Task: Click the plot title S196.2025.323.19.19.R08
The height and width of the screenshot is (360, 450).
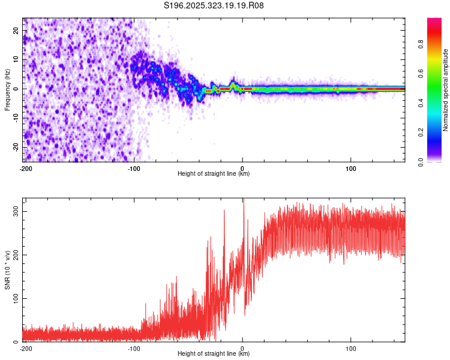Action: pyautogui.click(x=214, y=5)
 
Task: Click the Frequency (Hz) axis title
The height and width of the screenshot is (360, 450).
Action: pyautogui.click(x=7, y=89)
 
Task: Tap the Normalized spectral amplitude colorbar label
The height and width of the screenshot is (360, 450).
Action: pyautogui.click(x=445, y=90)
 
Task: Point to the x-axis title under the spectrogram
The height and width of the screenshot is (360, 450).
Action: pyautogui.click(x=214, y=174)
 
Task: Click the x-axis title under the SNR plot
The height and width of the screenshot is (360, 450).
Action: pyautogui.click(x=214, y=353)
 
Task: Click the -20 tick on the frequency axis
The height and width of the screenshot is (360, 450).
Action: pyautogui.click(x=16, y=147)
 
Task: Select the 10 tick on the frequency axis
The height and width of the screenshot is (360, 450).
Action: pyautogui.click(x=17, y=59)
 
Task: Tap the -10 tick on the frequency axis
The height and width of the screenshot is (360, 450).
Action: pyautogui.click(x=16, y=118)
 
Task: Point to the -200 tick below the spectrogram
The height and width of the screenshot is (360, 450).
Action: pyautogui.click(x=26, y=169)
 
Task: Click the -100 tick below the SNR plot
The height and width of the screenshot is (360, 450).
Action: pyautogui.click(x=134, y=348)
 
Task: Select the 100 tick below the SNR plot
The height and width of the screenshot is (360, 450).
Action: pyautogui.click(x=350, y=348)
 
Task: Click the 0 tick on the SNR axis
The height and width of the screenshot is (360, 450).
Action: pyautogui.click(x=18, y=341)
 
